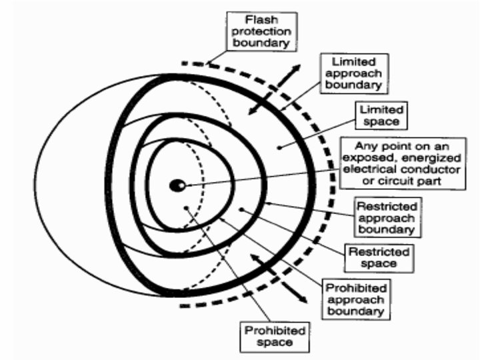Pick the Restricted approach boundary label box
click(x=387, y=217)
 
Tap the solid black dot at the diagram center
click(x=177, y=186)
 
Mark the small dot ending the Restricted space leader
click(x=241, y=209)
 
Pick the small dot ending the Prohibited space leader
click(x=188, y=208)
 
